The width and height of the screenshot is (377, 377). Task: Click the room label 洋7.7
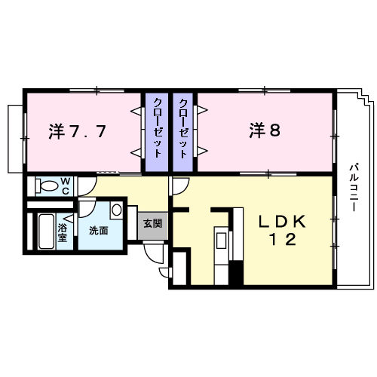click(x=78, y=130)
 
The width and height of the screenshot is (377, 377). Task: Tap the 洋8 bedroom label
click(x=265, y=130)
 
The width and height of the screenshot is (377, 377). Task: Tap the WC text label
click(x=66, y=185)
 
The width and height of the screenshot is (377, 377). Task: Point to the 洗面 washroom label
click(x=97, y=230)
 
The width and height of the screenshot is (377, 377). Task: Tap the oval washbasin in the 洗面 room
click(x=116, y=210)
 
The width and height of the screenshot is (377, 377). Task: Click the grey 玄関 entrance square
click(x=153, y=224)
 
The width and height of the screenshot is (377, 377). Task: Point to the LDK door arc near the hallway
click(x=179, y=187)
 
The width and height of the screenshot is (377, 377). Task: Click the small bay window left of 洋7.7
click(x=16, y=139)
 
